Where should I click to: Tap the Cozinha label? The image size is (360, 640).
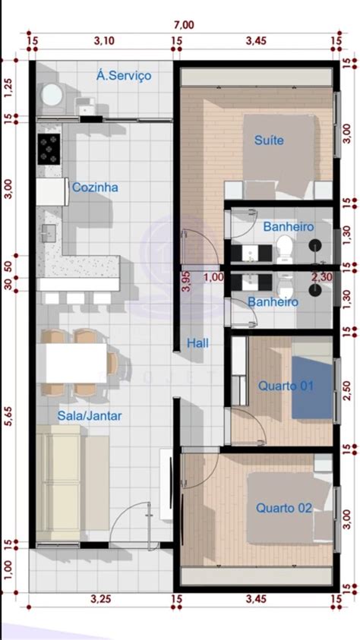tap(95, 187)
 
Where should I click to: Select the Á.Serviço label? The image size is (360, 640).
tap(125, 76)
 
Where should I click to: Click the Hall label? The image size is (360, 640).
tap(198, 344)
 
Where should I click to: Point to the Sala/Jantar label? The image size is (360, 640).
tap(90, 415)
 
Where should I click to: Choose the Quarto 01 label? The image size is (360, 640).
tap(286, 386)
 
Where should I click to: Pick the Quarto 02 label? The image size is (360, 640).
tap(284, 508)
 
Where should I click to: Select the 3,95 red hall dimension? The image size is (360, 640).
tap(185, 282)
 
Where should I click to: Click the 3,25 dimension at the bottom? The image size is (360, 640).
tap(101, 599)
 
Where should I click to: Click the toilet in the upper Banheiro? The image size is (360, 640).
tap(283, 245)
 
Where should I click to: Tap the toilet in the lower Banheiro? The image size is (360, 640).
tap(283, 287)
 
